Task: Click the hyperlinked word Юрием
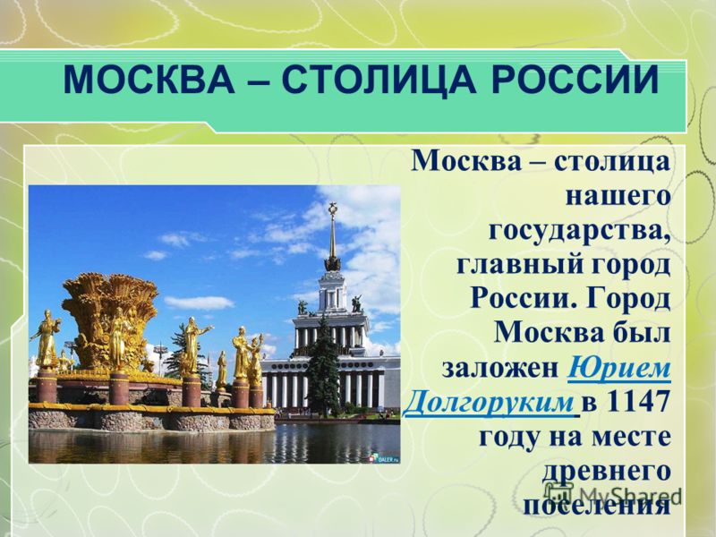click(x=619, y=369)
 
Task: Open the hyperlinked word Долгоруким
click(x=489, y=403)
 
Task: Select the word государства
click(x=580, y=231)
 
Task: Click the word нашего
click(x=618, y=196)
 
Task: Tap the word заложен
click(x=501, y=369)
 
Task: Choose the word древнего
click(x=607, y=472)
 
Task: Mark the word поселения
click(x=597, y=506)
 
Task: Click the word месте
click(x=632, y=438)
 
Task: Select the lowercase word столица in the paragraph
click(x=613, y=163)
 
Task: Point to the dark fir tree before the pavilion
click(x=323, y=365)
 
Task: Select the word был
click(x=644, y=334)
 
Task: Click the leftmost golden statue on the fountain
click(x=46, y=339)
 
